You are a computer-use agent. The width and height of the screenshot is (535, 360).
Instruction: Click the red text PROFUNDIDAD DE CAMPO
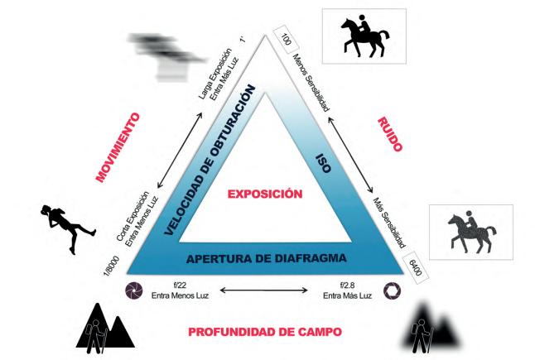(265, 332)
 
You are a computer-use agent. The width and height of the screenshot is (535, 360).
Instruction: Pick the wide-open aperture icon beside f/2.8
(392, 290)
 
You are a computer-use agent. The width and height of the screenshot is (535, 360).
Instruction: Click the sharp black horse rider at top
(365, 36)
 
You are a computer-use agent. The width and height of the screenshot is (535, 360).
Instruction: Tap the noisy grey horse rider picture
(470, 232)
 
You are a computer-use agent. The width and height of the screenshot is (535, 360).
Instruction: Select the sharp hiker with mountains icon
(104, 329)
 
